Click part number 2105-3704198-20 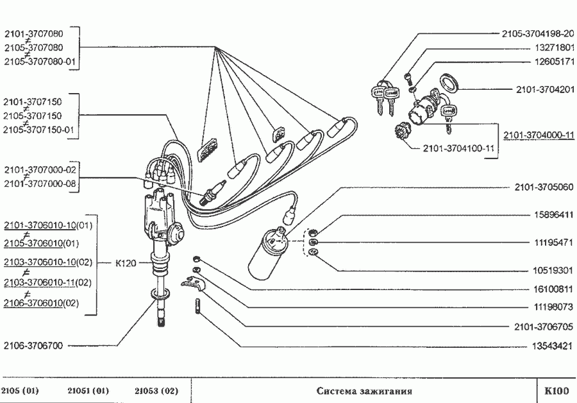(x=538, y=33)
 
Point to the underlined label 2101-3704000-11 (x=539, y=135)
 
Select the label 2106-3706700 (x=33, y=346)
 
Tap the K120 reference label (x=126, y=262)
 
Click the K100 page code (x=556, y=390)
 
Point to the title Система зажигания (x=364, y=390)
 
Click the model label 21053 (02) (x=156, y=390)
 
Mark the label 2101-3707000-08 (x=40, y=184)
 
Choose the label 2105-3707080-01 (x=40, y=62)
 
